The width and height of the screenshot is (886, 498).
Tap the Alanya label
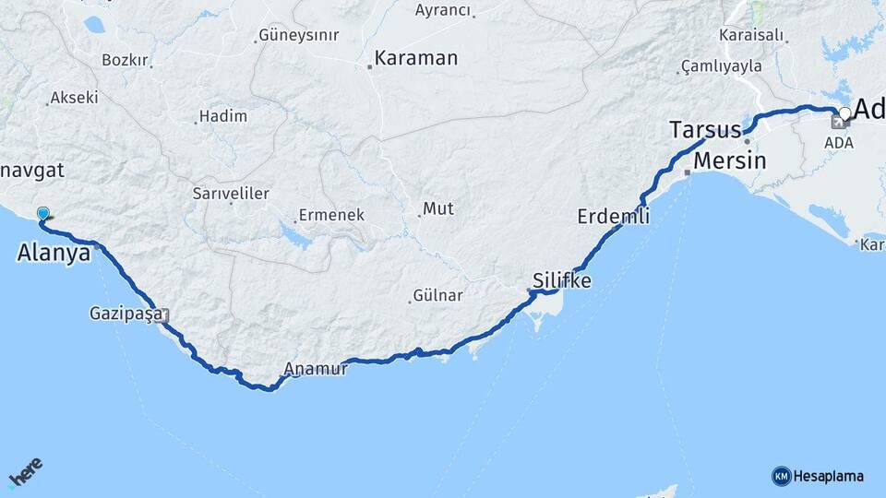(x=54, y=253)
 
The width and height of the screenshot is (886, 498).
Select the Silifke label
(x=562, y=280)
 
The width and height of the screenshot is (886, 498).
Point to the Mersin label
(x=729, y=160)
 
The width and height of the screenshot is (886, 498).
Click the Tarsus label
(x=705, y=130)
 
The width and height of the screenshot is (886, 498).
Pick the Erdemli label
(x=613, y=217)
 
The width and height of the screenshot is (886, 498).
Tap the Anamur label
(x=316, y=369)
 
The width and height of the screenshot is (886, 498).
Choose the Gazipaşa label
(x=126, y=314)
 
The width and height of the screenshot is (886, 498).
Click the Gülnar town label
(x=438, y=296)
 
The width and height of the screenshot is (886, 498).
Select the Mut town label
(x=438, y=209)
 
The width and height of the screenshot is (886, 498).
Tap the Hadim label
(x=224, y=116)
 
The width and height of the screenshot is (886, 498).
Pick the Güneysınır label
(x=299, y=36)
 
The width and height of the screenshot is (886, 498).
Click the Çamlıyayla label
(x=721, y=66)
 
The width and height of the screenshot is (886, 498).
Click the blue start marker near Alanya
(x=42, y=215)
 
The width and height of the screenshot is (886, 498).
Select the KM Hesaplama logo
(x=818, y=476)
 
